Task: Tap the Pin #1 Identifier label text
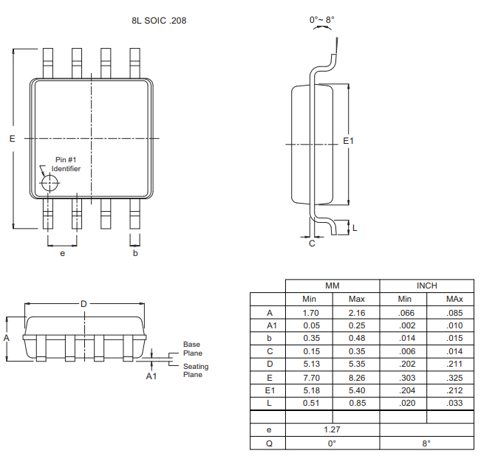click(x=66, y=164)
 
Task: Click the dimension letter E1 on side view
click(x=349, y=140)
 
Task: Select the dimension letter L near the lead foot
click(x=355, y=227)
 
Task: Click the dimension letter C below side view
click(x=312, y=243)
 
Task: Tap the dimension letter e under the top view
click(x=63, y=253)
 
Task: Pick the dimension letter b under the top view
click(x=135, y=253)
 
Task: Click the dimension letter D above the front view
click(x=83, y=303)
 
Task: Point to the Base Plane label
click(x=191, y=348)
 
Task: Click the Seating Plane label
click(x=196, y=370)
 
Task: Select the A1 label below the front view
click(x=151, y=376)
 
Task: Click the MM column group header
click(x=332, y=286)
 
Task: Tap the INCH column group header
click(x=426, y=286)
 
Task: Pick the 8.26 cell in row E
click(x=356, y=377)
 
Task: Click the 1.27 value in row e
click(x=332, y=429)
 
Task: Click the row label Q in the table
click(x=270, y=443)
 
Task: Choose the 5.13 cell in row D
click(x=310, y=364)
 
